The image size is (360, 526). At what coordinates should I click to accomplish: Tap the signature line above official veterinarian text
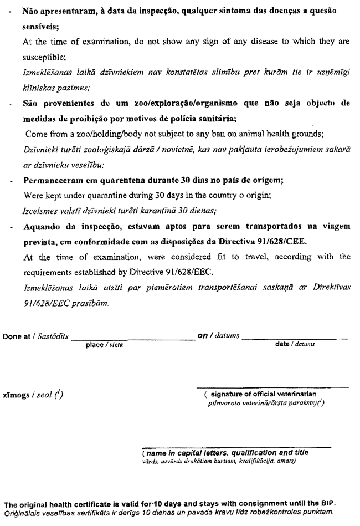273,386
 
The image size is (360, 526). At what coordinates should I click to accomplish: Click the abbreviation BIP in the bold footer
327,504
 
